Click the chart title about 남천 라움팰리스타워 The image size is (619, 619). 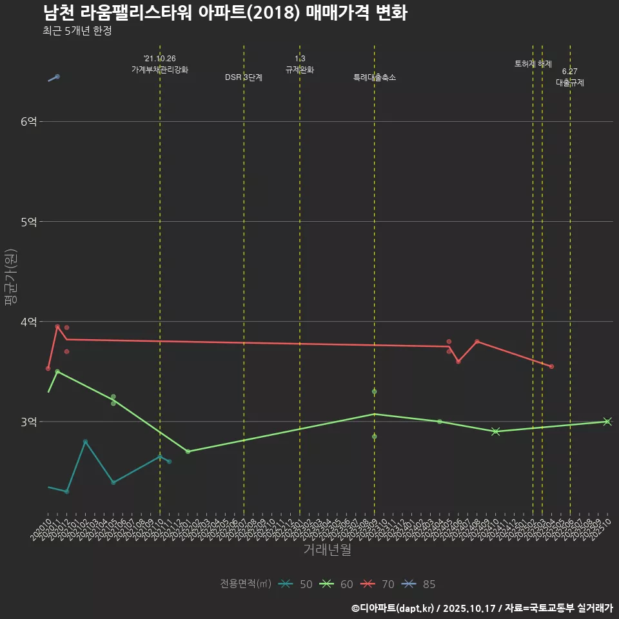coord(225,14)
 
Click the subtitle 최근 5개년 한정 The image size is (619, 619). coord(77,31)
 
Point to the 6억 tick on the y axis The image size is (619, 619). coord(29,122)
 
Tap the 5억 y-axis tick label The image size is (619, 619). coord(29,222)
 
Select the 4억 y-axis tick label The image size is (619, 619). coord(29,322)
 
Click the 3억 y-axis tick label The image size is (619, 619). coord(29,422)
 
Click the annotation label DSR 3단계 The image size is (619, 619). coord(244,77)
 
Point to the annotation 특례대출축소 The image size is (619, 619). coord(375,77)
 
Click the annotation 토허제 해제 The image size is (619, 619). coord(533,64)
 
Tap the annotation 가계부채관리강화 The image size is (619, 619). coord(160,69)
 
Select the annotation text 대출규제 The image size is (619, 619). coord(570,83)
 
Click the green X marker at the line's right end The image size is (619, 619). coord(607,422)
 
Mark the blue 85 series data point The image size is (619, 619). coord(57,76)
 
